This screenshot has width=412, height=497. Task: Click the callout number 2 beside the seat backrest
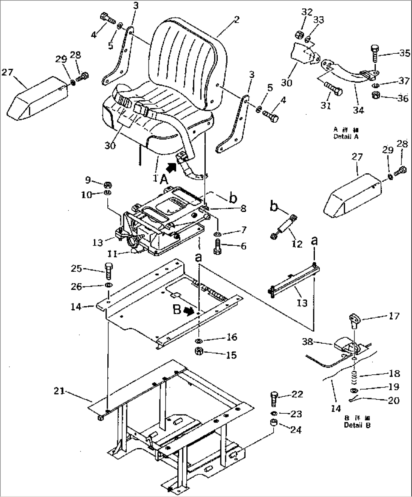[236, 20]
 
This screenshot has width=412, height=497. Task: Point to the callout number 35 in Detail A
[404, 53]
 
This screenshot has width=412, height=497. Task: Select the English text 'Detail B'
[357, 425]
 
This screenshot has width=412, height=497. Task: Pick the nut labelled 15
[198, 352]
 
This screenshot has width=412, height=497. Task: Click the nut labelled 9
[107, 185]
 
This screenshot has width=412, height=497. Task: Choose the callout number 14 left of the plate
[76, 307]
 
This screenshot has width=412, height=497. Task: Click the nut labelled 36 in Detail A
[377, 95]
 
